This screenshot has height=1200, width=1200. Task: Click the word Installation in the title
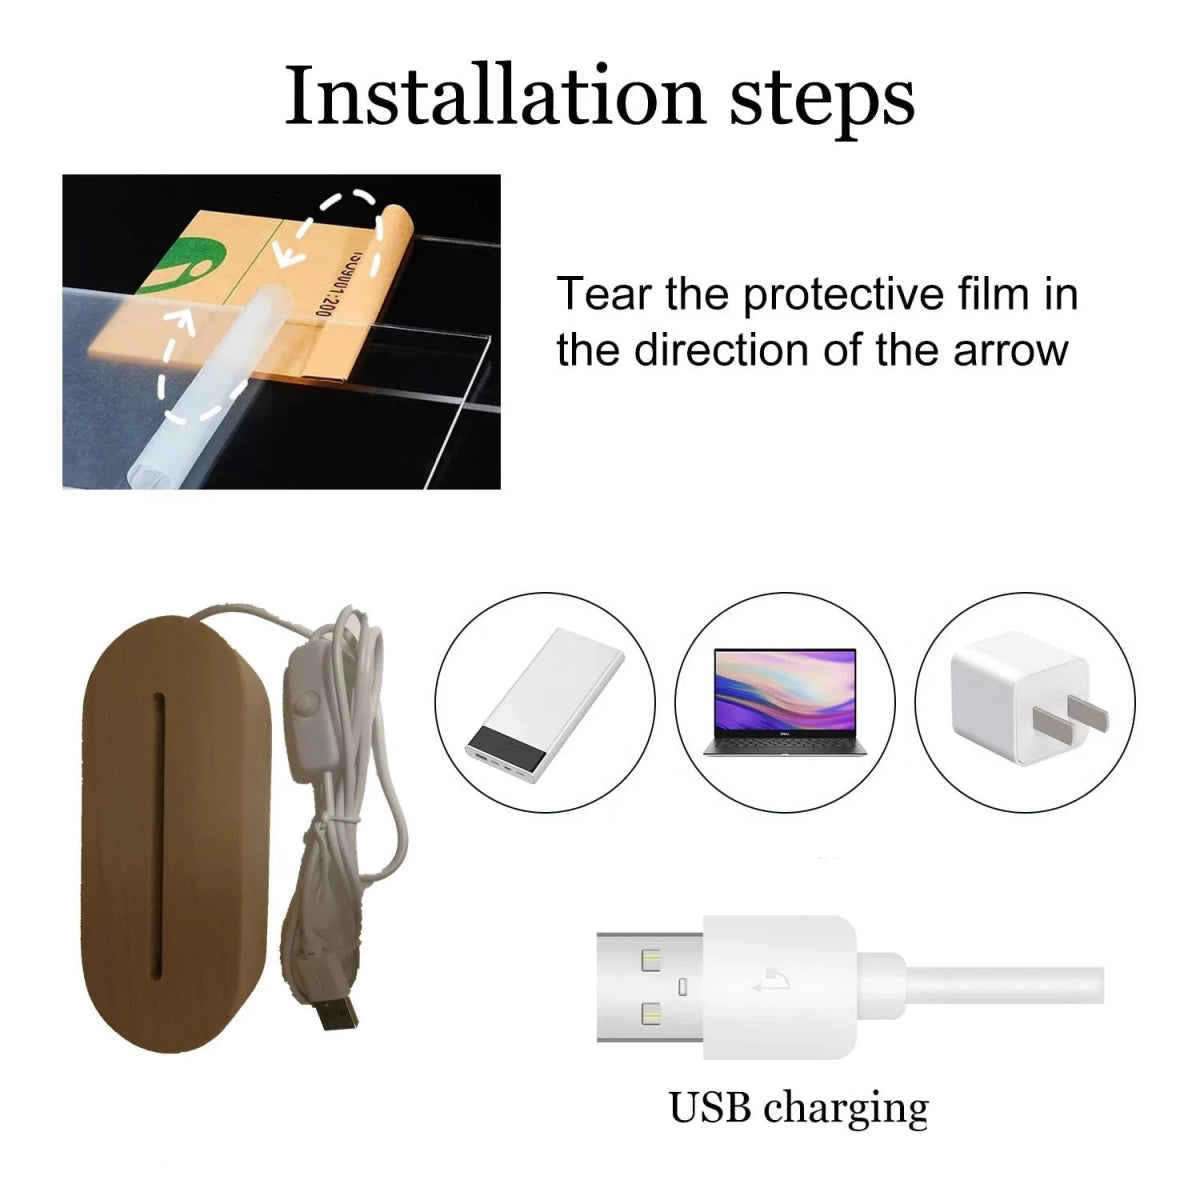click(x=495, y=95)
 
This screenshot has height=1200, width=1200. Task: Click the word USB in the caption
click(x=711, y=1108)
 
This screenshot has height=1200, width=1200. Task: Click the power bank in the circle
click(x=545, y=706)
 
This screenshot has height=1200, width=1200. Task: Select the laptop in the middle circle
click(x=785, y=702)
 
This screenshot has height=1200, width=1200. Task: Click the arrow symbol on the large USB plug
click(x=772, y=981)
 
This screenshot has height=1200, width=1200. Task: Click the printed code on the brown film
click(x=328, y=281)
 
